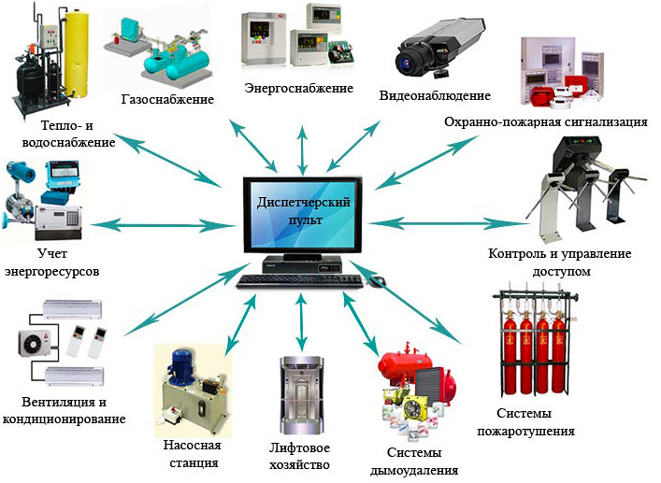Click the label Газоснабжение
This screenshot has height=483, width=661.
coord(167,99)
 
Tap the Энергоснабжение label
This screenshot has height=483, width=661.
coord(298,89)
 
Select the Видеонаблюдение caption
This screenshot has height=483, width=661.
coord(435,96)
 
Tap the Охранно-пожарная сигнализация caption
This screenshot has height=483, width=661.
coord(546,121)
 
